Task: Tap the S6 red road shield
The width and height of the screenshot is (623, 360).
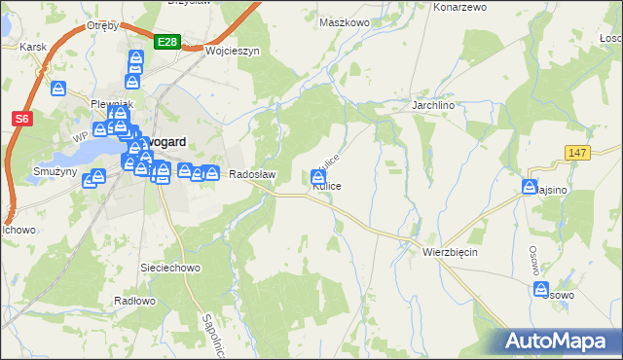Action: coord(22,119)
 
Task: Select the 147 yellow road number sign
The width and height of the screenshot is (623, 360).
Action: coord(577,154)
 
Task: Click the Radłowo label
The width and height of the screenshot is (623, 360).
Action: coord(134,301)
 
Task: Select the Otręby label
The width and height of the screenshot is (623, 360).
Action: coord(102,25)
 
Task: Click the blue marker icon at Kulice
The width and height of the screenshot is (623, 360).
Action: coord(318,177)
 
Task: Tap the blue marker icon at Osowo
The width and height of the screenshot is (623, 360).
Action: coord(541,289)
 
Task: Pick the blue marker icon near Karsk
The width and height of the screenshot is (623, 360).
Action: coord(58,90)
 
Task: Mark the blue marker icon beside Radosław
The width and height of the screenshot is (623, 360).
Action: coord(211,173)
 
